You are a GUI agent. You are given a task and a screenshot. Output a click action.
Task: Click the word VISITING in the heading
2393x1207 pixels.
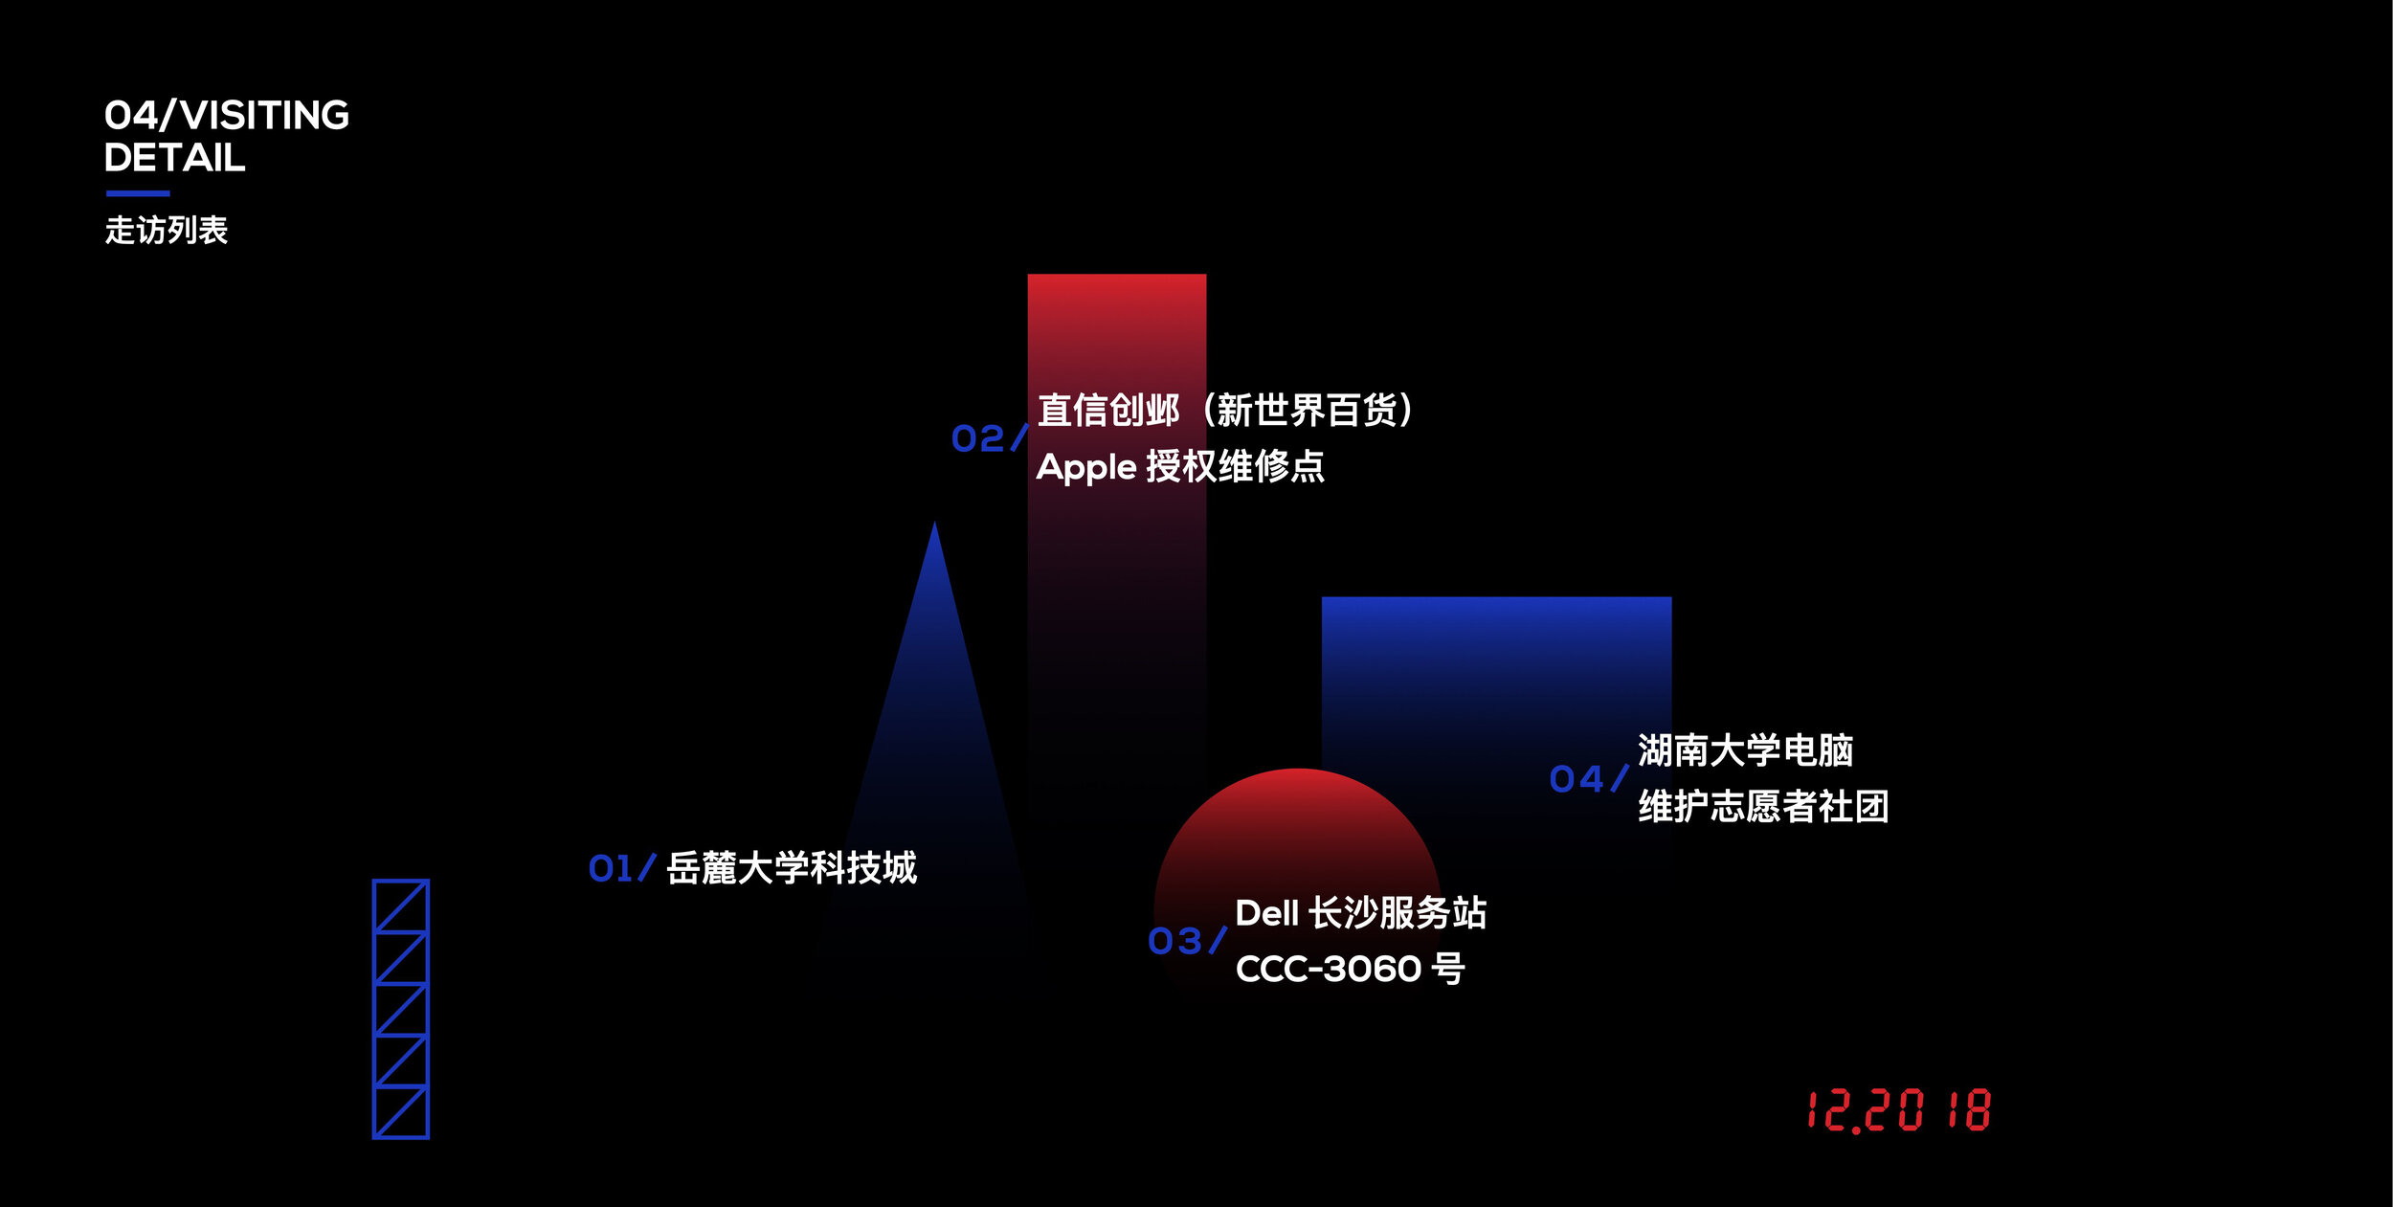coord(265,115)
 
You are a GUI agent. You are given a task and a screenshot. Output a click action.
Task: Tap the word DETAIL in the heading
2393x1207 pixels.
coord(175,158)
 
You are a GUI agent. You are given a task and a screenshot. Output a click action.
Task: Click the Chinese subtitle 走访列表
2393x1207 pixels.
coord(167,230)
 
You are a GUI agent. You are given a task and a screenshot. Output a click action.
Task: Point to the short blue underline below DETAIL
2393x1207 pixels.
coord(138,193)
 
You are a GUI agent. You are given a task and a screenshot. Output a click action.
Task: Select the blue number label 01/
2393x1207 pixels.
coord(622,868)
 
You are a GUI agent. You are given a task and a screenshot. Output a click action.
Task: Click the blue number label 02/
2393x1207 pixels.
coord(990,438)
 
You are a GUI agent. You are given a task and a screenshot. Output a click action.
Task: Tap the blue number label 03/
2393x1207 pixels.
coord(1187,941)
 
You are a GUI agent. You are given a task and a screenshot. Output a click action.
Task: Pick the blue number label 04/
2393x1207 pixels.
coord(1589,779)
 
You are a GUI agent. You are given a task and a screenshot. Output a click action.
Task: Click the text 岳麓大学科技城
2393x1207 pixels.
coord(792,868)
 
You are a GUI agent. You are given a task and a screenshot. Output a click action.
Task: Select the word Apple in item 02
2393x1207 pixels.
coord(1086,468)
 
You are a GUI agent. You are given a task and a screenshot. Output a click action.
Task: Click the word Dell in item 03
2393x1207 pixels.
coord(1266,913)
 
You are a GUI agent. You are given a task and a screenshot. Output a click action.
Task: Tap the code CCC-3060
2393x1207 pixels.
coord(1329,970)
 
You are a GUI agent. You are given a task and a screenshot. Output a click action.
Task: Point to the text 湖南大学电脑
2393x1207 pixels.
coord(1745,750)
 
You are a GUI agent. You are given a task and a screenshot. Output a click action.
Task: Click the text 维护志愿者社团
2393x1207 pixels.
coord(1763,806)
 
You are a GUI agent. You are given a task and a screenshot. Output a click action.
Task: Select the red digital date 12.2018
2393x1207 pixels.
coord(1899,1110)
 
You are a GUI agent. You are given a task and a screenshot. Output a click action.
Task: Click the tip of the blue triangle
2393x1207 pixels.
coord(935,522)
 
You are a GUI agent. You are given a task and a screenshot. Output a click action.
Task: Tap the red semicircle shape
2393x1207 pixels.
coord(1298,861)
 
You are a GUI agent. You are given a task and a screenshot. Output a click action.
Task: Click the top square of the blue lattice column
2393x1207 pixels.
coord(401,905)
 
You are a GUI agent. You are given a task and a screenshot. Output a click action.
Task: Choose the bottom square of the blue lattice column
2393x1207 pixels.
coord(401,1112)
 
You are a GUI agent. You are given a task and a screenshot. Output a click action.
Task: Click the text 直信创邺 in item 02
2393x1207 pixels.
coord(1108,411)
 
